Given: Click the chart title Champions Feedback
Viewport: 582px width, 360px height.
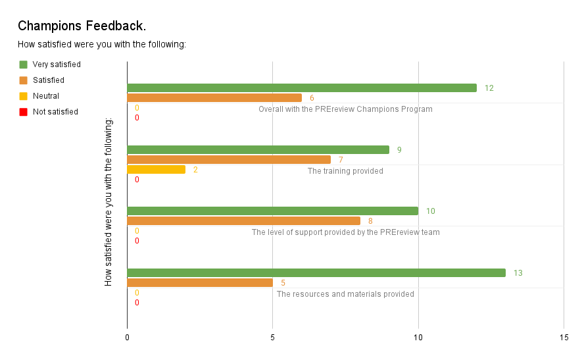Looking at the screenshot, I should (82, 26).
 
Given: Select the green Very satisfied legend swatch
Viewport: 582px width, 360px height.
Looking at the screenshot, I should (24, 64).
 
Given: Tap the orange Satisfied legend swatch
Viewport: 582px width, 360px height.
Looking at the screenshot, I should (24, 80).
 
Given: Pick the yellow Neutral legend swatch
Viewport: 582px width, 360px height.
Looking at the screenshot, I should (24, 96).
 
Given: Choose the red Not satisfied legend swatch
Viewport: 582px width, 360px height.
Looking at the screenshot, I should (24, 112).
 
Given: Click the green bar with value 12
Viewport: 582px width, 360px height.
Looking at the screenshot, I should (301, 88).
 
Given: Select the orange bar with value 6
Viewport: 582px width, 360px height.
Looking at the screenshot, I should (214, 98).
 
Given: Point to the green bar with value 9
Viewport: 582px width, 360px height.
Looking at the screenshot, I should (258, 149).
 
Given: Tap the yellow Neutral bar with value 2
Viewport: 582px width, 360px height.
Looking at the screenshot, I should (156, 169).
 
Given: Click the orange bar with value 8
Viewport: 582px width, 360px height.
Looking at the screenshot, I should (243, 221).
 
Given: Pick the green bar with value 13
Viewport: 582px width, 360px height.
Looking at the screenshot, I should (316, 272).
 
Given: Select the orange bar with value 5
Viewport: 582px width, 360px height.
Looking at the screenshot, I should (200, 283).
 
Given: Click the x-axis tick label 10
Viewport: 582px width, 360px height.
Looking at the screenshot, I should (418, 337).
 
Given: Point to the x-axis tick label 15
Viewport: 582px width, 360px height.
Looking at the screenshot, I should (564, 337).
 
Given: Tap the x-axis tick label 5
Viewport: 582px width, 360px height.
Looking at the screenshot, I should (272, 337).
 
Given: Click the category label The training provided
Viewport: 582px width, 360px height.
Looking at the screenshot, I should (345, 171).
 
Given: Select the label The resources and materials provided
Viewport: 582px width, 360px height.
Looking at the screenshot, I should (345, 294).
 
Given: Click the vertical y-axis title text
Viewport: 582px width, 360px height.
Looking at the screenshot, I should (109, 202).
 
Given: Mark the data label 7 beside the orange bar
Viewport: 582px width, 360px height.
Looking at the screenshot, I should (341, 160).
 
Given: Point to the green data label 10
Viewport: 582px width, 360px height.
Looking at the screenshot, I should (431, 211).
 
